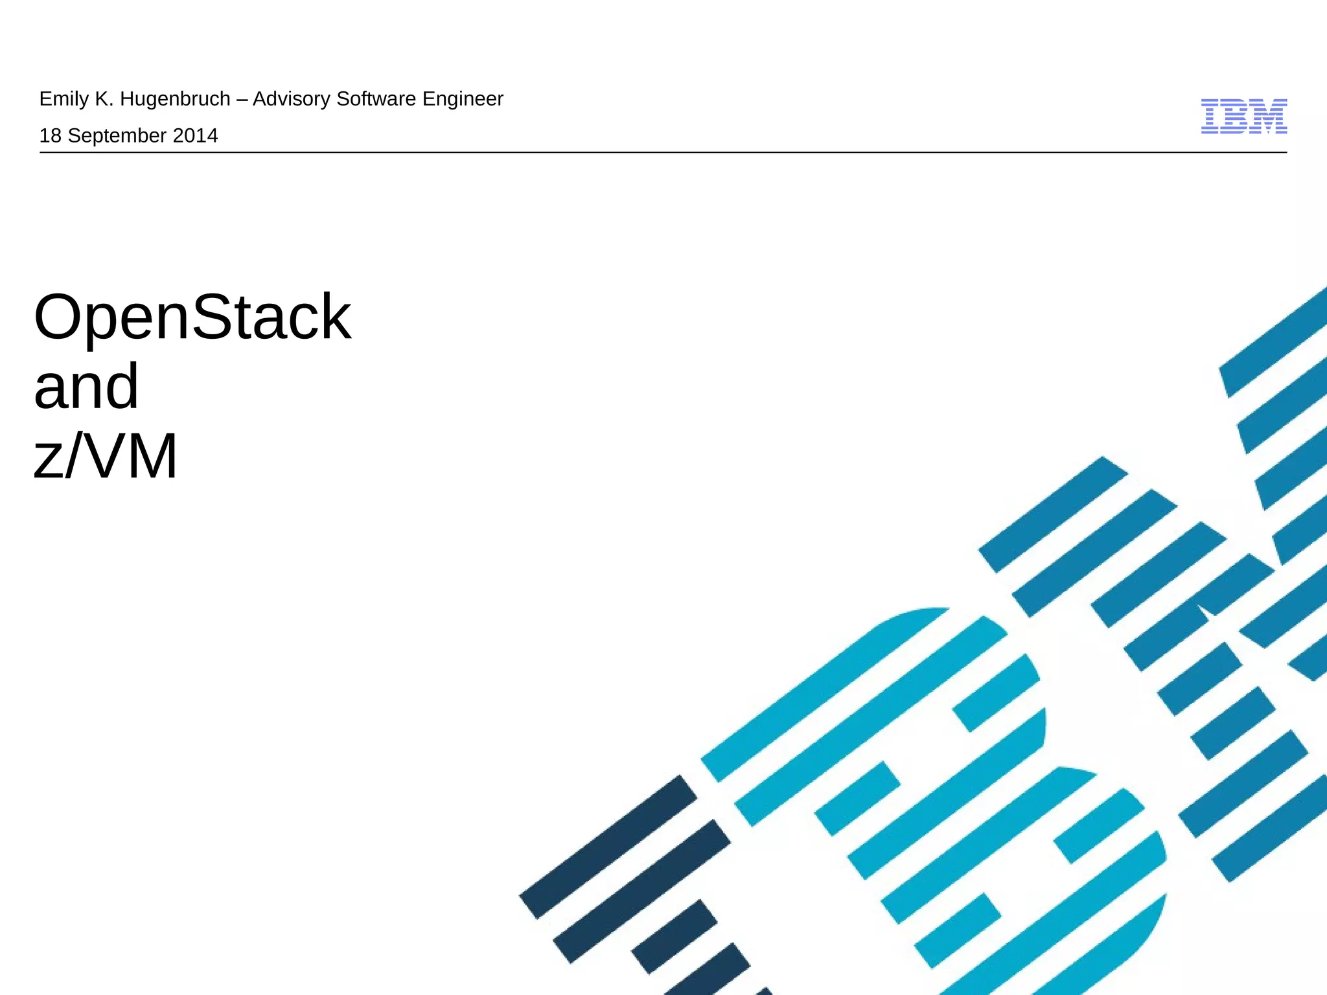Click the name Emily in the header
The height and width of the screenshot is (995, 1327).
[x=63, y=99]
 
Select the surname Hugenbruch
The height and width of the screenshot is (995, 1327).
[x=175, y=99]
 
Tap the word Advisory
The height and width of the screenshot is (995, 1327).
[x=291, y=99]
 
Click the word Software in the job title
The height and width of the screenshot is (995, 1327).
[x=376, y=99]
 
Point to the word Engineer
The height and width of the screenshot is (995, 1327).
[x=463, y=99]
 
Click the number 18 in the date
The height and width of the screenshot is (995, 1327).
[x=51, y=136]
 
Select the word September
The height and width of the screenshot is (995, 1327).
[x=117, y=136]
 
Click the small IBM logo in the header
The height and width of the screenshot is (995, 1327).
[x=1243, y=117]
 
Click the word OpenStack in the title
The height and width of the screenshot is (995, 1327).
[x=192, y=317]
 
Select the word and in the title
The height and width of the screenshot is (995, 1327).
[x=86, y=387]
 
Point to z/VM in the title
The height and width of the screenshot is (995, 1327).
[x=106, y=457]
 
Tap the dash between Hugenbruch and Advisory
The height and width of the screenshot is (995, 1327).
[x=242, y=100]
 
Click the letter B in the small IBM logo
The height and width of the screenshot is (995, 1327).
[x=1238, y=117]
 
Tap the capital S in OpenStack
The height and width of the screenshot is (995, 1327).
[x=213, y=317]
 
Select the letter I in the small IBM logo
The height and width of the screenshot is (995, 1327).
[x=1211, y=117]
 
